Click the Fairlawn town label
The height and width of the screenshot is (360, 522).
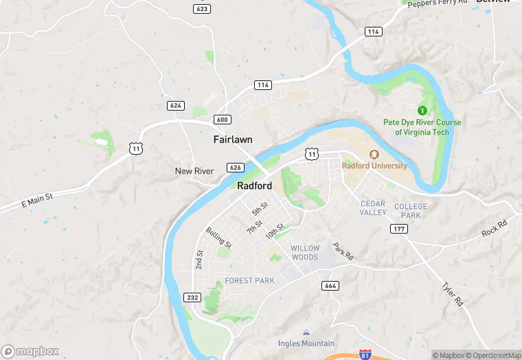click(233, 139)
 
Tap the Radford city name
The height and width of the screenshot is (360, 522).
click(255, 186)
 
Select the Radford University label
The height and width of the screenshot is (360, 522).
click(374, 166)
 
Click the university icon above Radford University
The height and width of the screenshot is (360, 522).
click(374, 155)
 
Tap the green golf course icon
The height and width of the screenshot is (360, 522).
click(422, 109)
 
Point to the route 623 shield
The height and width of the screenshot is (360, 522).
click(202, 9)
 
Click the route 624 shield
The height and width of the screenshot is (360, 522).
click(175, 105)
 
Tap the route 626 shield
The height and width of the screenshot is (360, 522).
click(235, 168)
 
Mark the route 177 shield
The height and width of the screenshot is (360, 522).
click(398, 228)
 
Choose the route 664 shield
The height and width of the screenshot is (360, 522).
click(330, 285)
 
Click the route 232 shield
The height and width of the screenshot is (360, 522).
click(192, 297)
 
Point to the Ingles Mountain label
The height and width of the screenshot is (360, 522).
click(306, 344)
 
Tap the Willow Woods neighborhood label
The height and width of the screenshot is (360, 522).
click(305, 253)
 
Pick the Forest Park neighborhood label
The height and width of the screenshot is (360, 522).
click(249, 280)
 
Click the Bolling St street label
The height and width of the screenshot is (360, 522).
click(219, 238)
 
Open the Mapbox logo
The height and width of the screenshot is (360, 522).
click(31, 351)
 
